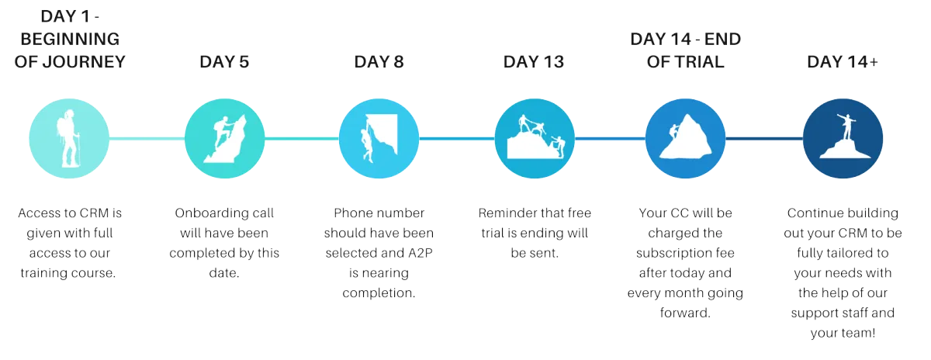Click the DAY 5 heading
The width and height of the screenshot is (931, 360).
pos(223,62)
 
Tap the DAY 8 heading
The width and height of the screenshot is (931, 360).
pos(379,62)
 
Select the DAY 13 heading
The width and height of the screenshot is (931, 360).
pos(534,62)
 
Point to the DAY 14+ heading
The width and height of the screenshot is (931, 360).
pos(843,62)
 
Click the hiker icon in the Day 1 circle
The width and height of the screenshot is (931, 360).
pos(69,139)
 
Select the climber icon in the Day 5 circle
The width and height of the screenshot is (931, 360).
pos(224,139)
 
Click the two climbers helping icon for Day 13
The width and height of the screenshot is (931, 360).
pos(534,139)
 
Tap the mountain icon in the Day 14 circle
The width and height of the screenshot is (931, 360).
pos(686,140)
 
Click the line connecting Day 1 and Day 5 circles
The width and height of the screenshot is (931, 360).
pos(147,139)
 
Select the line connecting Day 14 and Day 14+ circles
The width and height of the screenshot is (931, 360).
pos(764,140)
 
